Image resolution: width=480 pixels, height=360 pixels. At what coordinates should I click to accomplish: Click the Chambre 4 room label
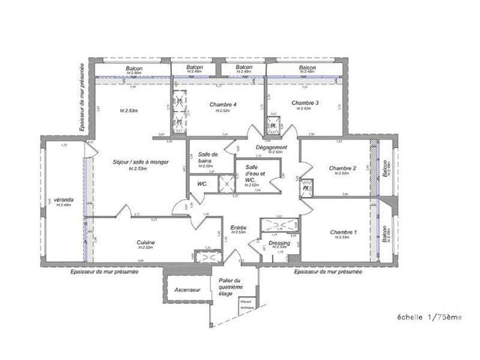point(223,104)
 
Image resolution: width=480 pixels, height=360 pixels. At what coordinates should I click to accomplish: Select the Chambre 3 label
point(305,103)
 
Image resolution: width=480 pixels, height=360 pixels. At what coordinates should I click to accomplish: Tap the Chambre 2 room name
point(342,168)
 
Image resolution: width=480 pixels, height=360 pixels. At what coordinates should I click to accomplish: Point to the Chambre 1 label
point(343,232)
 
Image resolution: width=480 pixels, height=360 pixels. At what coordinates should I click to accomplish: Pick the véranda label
point(64,200)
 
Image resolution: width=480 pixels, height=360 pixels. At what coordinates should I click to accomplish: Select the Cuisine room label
point(145,242)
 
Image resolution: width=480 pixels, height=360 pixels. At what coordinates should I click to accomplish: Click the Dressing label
point(278,242)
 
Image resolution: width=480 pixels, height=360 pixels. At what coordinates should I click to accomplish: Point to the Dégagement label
point(272,147)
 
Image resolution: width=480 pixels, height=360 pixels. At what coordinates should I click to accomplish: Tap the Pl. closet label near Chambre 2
point(305,188)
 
